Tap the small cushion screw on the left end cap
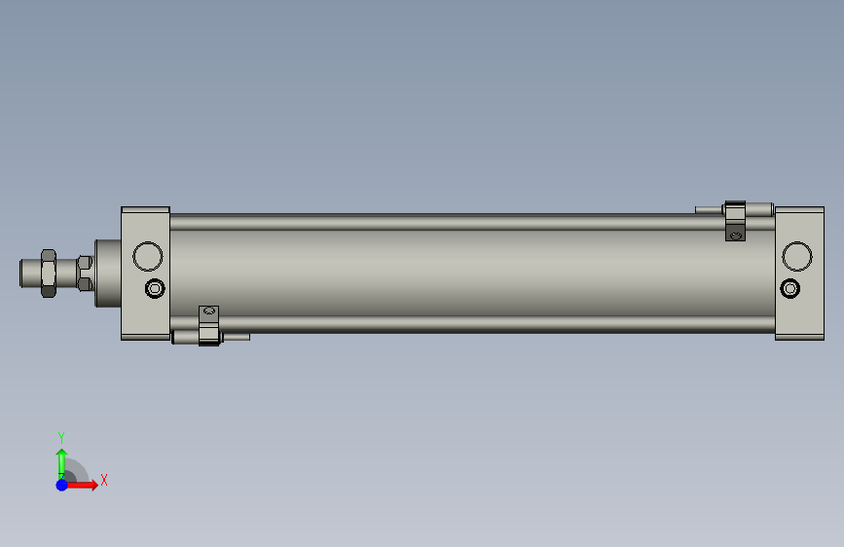[155, 288]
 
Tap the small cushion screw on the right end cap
[790, 288]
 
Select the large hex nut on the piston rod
[49, 273]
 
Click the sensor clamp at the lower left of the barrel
[209, 326]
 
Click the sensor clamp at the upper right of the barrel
[735, 221]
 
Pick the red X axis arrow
[81, 485]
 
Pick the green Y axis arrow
[62, 464]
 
